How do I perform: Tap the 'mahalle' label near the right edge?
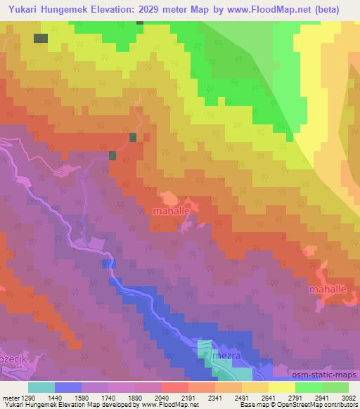pos(328,289)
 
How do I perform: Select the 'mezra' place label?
pos(226,356)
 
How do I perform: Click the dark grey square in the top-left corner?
pos(41,38)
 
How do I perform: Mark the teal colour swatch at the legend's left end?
pos(41,387)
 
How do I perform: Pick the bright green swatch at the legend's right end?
pos(335,387)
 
